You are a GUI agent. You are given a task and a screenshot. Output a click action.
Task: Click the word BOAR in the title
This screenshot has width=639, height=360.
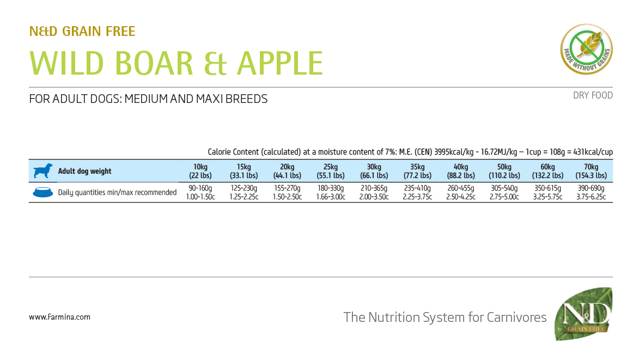coord(154,63)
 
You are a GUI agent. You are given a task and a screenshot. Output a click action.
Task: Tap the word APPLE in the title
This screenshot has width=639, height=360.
coord(280,63)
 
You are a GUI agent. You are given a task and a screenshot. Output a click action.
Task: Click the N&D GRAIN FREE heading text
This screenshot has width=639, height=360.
coord(82,32)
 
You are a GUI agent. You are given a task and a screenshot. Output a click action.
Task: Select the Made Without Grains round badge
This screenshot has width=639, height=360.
coord(586,49)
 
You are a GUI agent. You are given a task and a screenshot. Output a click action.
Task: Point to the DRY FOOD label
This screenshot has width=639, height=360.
coord(593,95)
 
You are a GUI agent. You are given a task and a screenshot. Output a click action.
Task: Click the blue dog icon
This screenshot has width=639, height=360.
coord(43,170)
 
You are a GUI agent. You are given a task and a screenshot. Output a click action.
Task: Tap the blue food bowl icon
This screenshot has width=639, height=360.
coord(43,192)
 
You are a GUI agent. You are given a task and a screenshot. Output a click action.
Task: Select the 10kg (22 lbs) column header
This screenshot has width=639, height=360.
coord(200,171)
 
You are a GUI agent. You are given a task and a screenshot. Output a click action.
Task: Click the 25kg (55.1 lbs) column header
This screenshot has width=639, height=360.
coord(331,171)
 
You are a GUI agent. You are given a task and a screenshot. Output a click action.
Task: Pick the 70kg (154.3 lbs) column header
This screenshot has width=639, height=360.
coord(591,171)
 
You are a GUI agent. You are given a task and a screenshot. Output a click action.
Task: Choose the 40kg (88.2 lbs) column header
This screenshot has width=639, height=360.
coord(461,171)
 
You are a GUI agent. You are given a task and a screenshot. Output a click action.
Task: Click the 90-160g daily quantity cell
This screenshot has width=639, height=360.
coord(200,192)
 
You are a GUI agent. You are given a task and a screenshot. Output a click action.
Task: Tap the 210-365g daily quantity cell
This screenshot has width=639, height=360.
coord(374,192)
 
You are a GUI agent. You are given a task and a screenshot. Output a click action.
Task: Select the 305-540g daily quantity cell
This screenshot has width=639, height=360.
coord(504,192)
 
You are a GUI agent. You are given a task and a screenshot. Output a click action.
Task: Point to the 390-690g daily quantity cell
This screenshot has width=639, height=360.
coord(591,192)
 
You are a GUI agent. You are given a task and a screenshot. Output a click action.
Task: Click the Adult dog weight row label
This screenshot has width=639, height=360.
coord(84,171)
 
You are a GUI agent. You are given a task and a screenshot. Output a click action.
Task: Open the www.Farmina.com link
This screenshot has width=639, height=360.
coord(59,317)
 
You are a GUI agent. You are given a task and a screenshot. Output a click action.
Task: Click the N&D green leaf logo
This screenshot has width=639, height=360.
coord(583,314)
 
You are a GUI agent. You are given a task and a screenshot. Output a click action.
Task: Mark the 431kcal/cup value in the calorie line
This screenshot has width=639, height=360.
coord(593,152)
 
